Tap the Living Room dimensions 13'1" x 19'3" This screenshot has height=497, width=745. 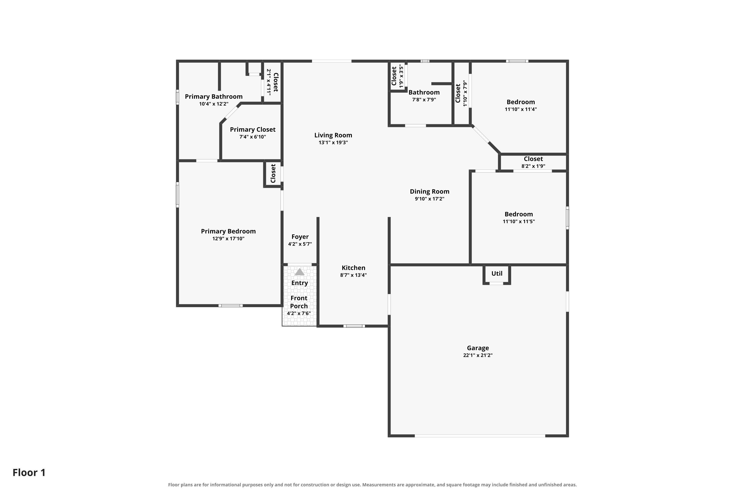click(333, 143)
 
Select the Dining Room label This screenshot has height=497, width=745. click(430, 191)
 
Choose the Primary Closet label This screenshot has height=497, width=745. click(253, 130)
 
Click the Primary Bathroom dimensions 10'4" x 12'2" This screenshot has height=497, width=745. click(214, 104)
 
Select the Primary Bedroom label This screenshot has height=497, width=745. click(228, 231)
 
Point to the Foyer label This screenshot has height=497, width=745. click(300, 237)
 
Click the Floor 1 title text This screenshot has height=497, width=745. click(29, 473)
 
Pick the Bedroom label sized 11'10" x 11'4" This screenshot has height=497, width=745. click(521, 102)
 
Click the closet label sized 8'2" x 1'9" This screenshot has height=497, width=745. click(533, 159)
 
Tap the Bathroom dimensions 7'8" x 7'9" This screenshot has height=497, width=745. click(424, 100)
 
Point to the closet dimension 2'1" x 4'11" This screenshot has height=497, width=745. click(269, 82)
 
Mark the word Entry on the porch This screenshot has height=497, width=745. click(300, 283)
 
